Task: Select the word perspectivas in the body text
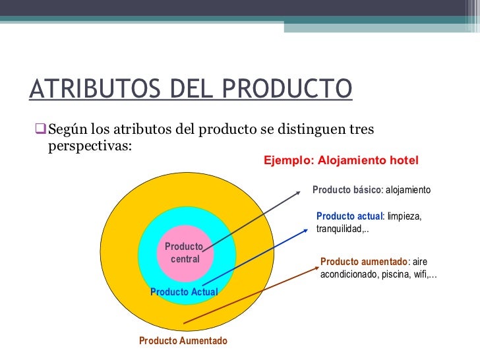pyautogui.click(x=90, y=144)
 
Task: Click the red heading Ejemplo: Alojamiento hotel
pyautogui.click(x=341, y=160)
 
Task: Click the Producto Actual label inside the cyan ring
pyautogui.click(x=184, y=291)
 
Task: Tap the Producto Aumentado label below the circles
pyautogui.click(x=183, y=341)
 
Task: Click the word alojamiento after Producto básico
pyautogui.click(x=407, y=190)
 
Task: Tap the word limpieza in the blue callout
pyautogui.click(x=404, y=216)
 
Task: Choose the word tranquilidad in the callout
pyautogui.click(x=340, y=229)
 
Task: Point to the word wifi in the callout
pyautogui.click(x=421, y=274)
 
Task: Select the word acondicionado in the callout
pyautogui.click(x=348, y=274)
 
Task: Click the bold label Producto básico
pyautogui.click(x=346, y=190)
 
